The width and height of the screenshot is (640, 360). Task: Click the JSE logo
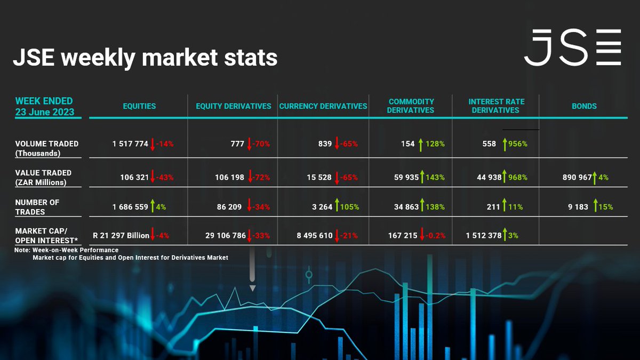pos(572,47)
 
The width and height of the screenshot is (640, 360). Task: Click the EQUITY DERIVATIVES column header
pos(233,106)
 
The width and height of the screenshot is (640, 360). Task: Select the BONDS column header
pos(584,106)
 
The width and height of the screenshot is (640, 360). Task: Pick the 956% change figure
pos(516,144)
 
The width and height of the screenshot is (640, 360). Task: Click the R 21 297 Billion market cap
pos(121,235)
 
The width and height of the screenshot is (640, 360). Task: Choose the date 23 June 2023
pos(45,112)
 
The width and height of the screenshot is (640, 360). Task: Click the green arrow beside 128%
pos(420,143)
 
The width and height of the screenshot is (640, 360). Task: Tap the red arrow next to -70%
pos(250,143)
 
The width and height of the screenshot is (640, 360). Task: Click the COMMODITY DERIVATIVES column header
pos(411,106)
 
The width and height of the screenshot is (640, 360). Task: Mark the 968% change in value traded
pos(516,178)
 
